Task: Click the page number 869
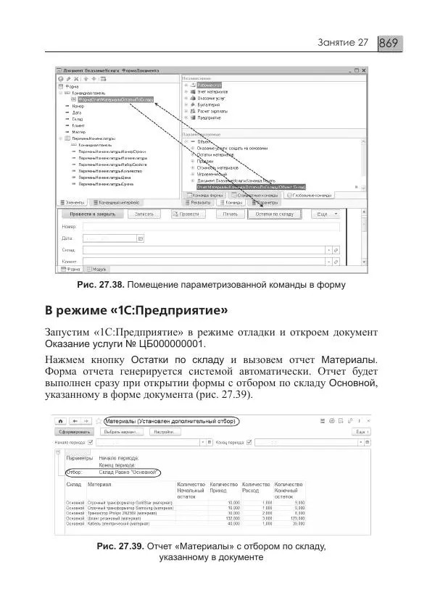click(x=389, y=43)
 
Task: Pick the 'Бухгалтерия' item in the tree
click(x=211, y=104)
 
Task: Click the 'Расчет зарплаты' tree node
click(x=215, y=111)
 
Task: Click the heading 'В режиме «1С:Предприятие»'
click(x=137, y=312)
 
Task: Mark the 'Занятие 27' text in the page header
click(x=343, y=43)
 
